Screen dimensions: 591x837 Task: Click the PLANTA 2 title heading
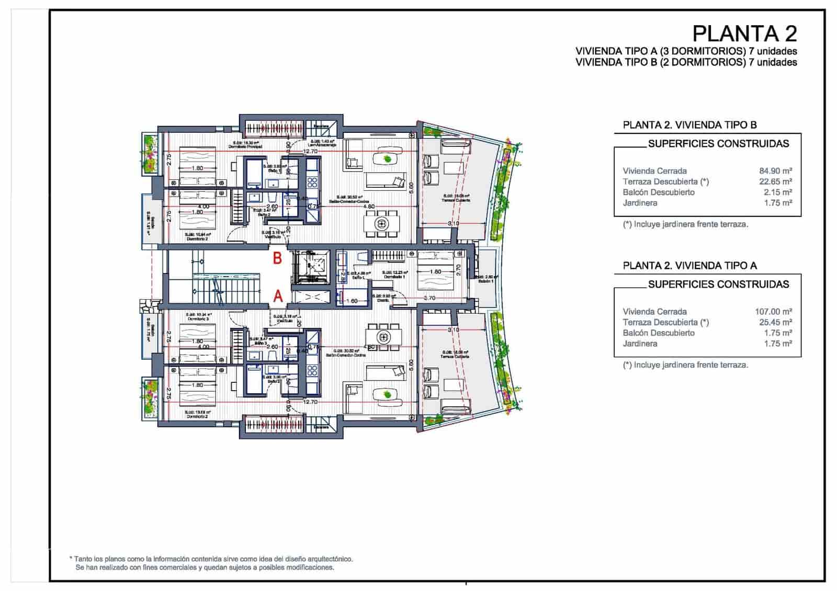pos(744,33)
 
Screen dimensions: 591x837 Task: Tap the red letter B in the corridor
pos(278,258)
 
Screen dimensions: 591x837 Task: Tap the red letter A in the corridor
pos(278,296)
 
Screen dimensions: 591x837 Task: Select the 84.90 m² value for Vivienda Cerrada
pos(775,171)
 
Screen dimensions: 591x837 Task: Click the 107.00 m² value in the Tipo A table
pos(773,311)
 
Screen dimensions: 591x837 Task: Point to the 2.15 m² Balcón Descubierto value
pos(778,192)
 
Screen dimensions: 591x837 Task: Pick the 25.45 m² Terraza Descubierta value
pos(775,322)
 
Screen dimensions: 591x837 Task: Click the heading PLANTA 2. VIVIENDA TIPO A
pos(689,266)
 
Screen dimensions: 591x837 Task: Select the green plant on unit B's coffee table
pos(387,158)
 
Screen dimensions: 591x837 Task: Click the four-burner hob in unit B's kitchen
pos(312,181)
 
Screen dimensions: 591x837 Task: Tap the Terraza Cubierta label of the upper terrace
pos(456,200)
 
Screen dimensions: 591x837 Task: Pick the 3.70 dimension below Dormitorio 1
pos(429,298)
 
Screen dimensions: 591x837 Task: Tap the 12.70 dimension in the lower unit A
pos(310,402)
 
